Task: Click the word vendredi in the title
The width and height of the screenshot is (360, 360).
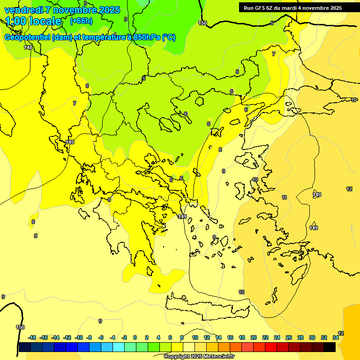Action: (x=23, y=10)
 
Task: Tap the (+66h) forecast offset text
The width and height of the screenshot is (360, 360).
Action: (x=81, y=21)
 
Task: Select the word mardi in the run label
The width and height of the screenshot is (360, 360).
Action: (x=289, y=8)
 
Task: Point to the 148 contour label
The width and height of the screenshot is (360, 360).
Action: (x=29, y=47)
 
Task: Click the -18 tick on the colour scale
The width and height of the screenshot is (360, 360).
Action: (x=32, y=337)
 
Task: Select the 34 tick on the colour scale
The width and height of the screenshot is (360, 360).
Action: (x=336, y=337)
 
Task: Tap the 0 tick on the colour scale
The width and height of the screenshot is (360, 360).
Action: (x=135, y=337)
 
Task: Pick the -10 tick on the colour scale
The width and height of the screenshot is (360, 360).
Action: (x=79, y=337)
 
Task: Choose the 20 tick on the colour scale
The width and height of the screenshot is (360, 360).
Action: (x=254, y=337)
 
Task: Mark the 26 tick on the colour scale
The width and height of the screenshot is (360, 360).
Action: (x=288, y=337)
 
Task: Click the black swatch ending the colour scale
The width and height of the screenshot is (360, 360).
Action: (x=330, y=347)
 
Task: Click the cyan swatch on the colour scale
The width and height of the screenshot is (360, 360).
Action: (x=119, y=347)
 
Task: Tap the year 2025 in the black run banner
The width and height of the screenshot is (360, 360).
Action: (x=335, y=8)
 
